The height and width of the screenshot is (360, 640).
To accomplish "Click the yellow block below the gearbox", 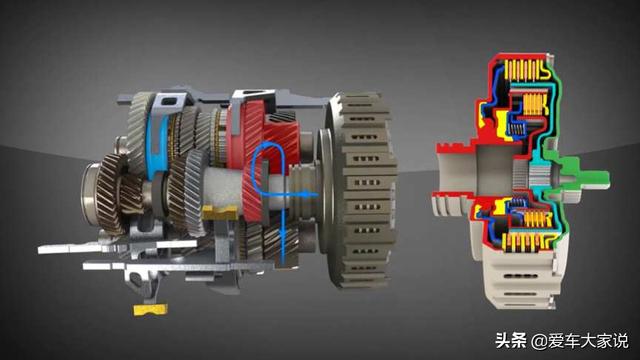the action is (150, 309).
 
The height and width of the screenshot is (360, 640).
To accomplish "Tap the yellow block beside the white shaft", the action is (220, 212).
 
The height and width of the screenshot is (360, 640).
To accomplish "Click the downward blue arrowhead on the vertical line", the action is (282, 233).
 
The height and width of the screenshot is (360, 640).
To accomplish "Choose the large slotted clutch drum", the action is (361, 190).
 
